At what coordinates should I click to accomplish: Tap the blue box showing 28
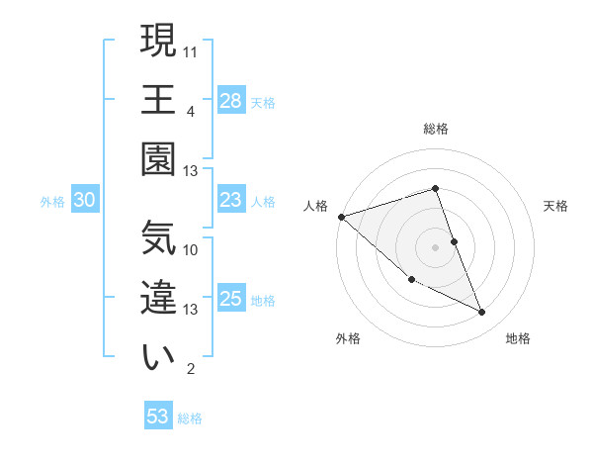click(x=231, y=100)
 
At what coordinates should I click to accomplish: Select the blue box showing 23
click(x=231, y=201)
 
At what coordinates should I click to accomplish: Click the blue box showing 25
click(x=231, y=299)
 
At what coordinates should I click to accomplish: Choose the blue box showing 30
click(x=85, y=201)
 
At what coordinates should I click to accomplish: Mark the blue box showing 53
click(x=158, y=417)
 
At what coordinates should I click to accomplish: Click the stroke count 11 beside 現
click(x=192, y=50)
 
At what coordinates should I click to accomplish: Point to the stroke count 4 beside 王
click(x=191, y=111)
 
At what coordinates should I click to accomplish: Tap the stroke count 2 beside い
click(x=191, y=369)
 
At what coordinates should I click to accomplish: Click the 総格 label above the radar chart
click(x=435, y=129)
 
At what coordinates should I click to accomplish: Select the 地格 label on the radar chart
click(x=518, y=338)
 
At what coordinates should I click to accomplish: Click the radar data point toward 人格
click(x=341, y=216)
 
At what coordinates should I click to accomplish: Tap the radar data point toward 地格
click(x=482, y=313)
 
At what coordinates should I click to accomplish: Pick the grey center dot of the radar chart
click(x=435, y=246)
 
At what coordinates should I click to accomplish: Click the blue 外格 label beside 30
click(x=52, y=202)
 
